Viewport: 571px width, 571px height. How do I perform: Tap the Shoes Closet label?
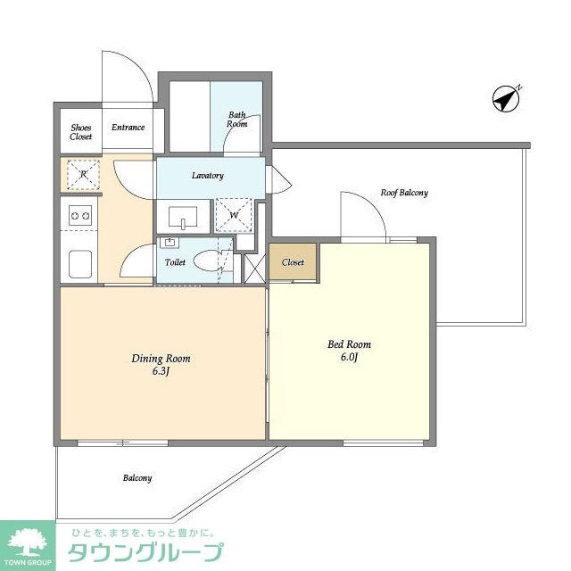coord(81,132)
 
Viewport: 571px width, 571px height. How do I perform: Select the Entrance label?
coord(128,128)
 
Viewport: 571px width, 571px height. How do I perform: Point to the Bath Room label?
coord(236,119)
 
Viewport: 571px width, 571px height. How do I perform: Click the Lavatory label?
coord(207,176)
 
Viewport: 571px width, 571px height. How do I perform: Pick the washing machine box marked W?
coord(233,215)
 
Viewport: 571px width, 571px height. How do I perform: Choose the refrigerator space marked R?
coord(81,175)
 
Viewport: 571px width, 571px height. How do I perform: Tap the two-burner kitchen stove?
coord(79,214)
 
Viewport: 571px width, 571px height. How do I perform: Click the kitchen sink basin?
coord(79,263)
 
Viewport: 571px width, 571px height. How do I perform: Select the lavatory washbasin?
coord(183,215)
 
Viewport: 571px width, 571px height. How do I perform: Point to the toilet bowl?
coord(211,261)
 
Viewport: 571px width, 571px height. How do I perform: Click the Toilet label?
coord(175,263)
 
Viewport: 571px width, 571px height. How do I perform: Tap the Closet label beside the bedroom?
coord(293,262)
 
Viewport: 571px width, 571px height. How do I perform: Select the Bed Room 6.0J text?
coord(350,351)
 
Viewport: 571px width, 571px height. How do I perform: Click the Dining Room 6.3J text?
coord(161,364)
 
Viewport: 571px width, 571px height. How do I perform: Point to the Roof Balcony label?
coord(404,193)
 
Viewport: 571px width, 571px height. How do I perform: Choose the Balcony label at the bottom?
coord(137,478)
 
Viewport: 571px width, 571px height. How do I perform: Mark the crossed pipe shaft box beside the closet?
coord(253,265)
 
